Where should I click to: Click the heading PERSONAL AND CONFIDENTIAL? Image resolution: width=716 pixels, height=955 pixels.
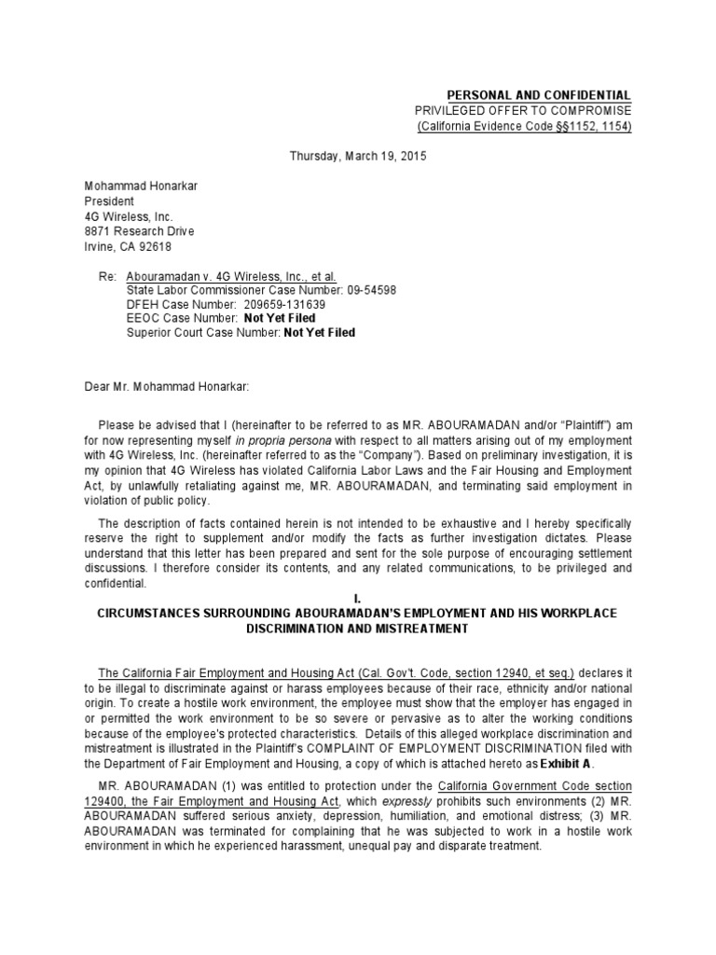tap(540, 96)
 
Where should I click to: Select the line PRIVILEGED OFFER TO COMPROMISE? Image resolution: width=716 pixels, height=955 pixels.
tap(523, 111)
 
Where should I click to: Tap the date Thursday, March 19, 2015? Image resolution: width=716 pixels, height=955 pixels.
tap(358, 157)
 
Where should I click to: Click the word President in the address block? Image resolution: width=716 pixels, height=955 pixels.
tap(110, 201)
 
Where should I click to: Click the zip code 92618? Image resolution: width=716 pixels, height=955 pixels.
tap(153, 247)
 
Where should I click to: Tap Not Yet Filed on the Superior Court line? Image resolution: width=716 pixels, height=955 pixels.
tap(319, 332)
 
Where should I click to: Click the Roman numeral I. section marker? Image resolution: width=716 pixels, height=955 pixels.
tap(357, 597)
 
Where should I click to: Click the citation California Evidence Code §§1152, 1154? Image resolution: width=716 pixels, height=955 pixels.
tap(524, 126)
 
